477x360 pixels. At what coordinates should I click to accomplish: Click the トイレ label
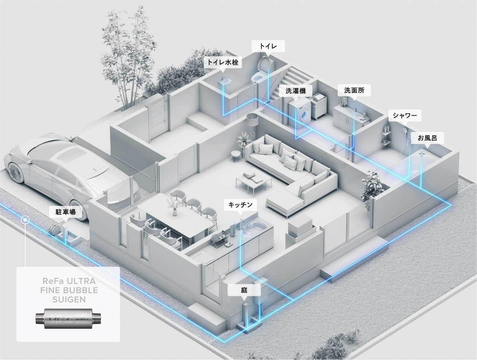click(268, 46)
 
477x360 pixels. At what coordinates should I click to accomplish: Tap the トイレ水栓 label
click(223, 62)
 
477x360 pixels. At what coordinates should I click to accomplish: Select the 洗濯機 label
click(296, 91)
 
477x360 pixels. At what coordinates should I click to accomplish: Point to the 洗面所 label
click(354, 90)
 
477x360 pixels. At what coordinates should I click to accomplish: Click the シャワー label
click(405, 116)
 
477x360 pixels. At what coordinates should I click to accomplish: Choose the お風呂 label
click(427, 138)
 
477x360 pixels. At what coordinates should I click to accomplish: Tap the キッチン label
click(240, 205)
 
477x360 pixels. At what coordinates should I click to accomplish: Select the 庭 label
click(244, 290)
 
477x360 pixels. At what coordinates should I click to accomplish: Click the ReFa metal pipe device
click(68, 319)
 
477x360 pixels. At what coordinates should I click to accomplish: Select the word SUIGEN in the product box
click(69, 299)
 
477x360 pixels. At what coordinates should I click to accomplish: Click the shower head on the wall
click(404, 130)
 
